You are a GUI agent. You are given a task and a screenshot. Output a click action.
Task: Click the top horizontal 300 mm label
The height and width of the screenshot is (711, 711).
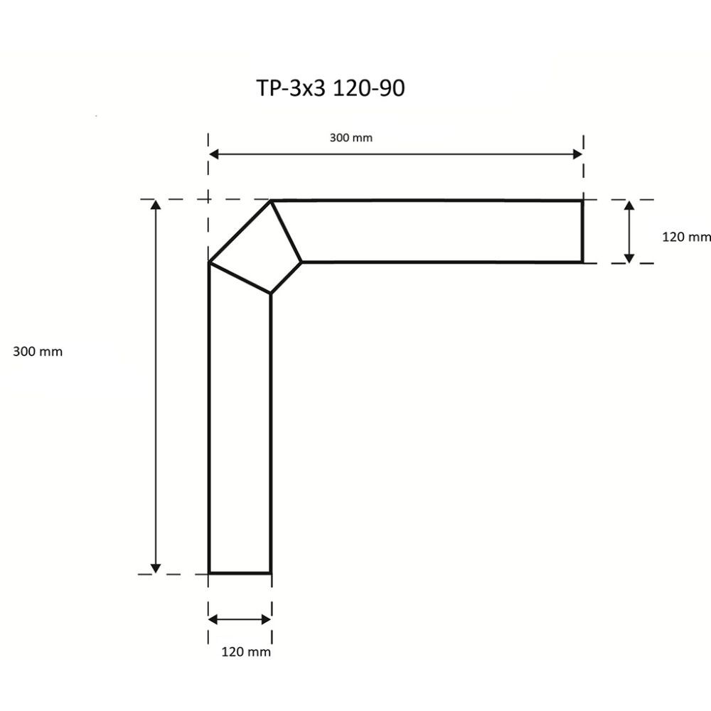pyautogui.click(x=351, y=138)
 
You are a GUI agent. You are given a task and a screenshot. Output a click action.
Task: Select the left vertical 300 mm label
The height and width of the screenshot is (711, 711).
pyautogui.click(x=38, y=351)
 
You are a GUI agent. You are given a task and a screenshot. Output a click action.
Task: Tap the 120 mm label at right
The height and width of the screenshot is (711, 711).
pyautogui.click(x=685, y=237)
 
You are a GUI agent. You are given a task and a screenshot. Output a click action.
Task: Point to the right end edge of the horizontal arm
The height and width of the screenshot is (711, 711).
pyautogui.click(x=583, y=232)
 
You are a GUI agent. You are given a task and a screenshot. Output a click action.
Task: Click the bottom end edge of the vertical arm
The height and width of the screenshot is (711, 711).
pyautogui.click(x=240, y=572)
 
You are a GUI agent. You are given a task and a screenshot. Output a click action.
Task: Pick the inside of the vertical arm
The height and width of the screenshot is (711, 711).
pyautogui.click(x=240, y=427)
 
